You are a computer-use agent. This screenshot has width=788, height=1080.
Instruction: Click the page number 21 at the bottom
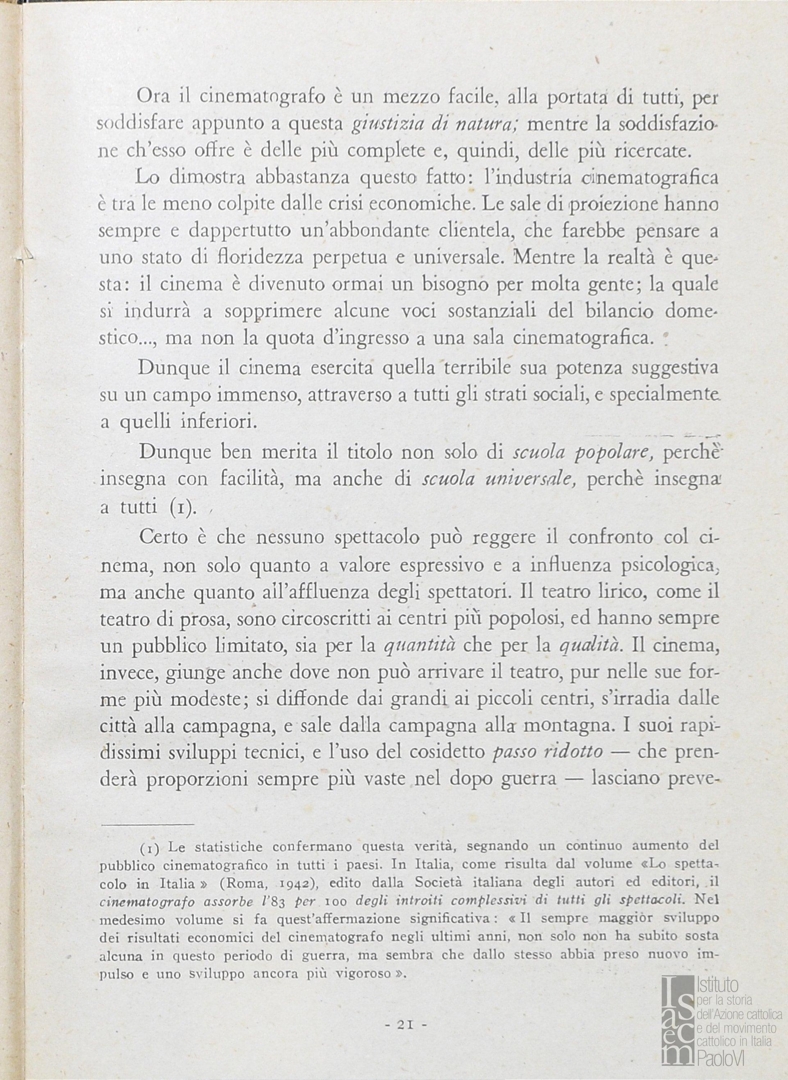click(405, 1024)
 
